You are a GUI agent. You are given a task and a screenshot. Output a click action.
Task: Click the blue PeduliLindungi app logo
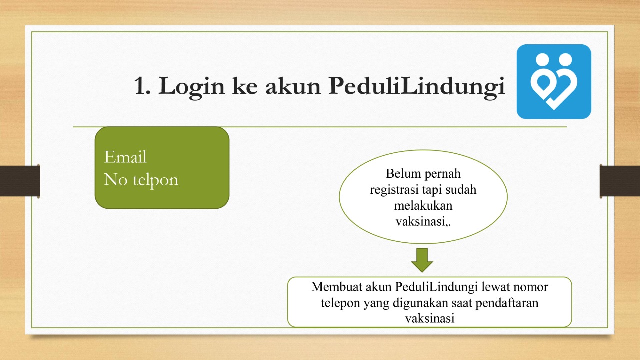(554, 81)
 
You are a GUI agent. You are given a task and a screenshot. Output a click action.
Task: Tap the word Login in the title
(191, 87)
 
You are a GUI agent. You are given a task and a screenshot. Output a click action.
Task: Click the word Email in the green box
(125, 157)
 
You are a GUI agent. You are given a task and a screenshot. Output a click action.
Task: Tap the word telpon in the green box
(155, 180)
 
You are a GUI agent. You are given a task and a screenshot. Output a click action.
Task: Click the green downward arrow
(422, 260)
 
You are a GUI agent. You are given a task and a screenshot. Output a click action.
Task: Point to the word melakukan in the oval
(423, 205)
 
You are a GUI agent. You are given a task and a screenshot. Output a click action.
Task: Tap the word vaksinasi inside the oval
(421, 222)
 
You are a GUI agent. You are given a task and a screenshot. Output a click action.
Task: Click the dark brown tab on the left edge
(20, 181)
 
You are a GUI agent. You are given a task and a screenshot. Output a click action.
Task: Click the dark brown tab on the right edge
(620, 181)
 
